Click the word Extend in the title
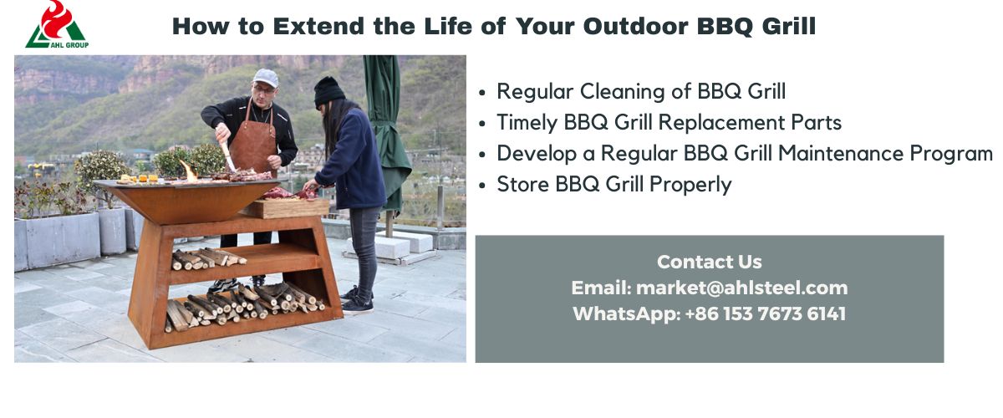318,26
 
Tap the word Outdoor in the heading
635,26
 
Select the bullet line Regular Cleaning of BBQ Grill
641,91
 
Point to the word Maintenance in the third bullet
841,153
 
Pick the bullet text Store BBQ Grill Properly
614,184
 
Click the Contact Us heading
710,262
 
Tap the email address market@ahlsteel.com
742,288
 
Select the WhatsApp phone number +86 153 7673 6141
766,313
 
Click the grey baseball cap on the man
265,78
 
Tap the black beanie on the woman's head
328,91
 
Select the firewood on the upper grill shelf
208,259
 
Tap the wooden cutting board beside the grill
286,208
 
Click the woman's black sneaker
358,305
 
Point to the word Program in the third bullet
951,154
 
